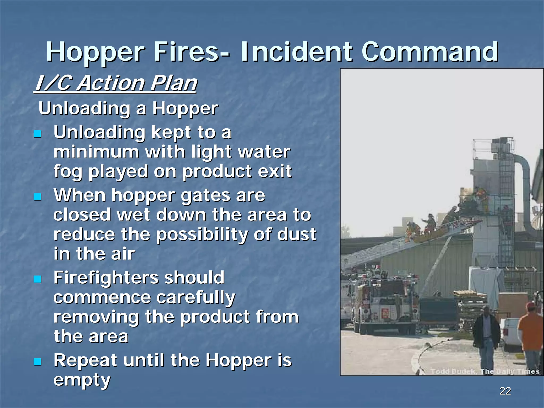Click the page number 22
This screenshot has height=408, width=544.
click(505, 391)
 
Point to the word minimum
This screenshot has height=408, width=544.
click(96, 152)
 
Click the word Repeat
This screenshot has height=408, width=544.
click(85, 360)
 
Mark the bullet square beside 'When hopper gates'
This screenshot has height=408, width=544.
click(38, 197)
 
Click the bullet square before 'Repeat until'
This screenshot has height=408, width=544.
click(38, 362)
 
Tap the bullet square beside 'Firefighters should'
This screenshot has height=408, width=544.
click(38, 279)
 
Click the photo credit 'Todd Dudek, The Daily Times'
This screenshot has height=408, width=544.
click(484, 371)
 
